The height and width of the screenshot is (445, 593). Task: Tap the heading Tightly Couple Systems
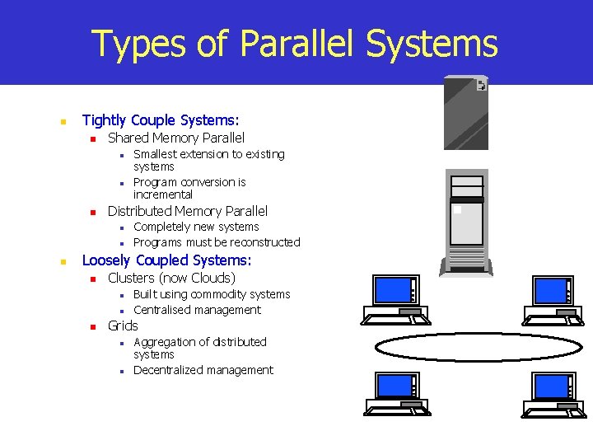(161, 121)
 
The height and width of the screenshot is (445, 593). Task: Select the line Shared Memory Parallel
(176, 138)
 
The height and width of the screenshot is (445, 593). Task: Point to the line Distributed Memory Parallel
(188, 211)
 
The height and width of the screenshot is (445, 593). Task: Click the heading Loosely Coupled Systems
(166, 260)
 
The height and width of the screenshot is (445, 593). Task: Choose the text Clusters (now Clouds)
(171, 278)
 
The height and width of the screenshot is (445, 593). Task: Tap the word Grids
(123, 326)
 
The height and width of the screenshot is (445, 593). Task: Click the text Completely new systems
(196, 227)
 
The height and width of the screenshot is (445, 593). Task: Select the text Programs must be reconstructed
(217, 242)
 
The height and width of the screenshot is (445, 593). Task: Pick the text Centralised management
(197, 310)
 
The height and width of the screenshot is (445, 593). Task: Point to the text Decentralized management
(203, 370)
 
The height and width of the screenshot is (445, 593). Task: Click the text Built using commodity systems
(212, 294)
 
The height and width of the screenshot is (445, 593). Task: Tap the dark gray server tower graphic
(465, 113)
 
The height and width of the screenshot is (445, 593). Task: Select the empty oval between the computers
(450, 347)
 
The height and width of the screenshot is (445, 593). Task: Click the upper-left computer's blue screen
(392, 291)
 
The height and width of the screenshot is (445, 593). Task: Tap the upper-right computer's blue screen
(551, 291)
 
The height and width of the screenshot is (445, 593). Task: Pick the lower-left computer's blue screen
(395, 386)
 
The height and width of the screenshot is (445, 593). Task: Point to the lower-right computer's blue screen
(551, 386)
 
